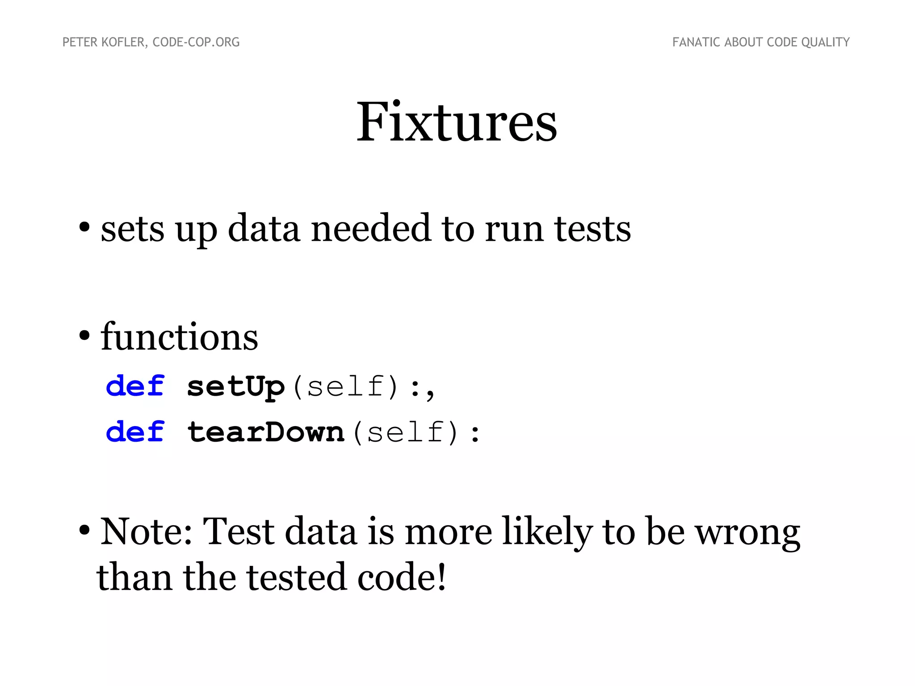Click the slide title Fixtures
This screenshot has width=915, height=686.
pos(457,121)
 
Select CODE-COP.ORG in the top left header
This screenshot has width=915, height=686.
pos(196,42)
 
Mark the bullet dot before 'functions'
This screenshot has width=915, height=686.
pos(84,335)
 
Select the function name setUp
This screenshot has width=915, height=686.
pos(235,387)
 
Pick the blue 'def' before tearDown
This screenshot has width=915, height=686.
pos(135,432)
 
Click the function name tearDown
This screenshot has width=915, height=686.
pos(266,432)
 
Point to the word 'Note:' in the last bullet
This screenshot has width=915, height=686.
pos(146,531)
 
